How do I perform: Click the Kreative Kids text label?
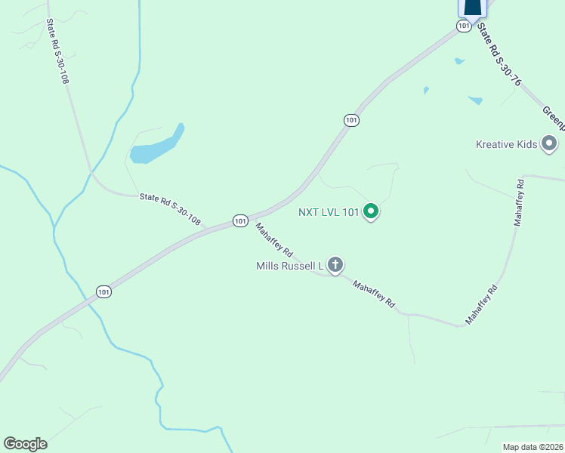point(506,144)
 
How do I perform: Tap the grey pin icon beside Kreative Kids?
point(549,143)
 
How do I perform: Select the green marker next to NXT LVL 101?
point(371,212)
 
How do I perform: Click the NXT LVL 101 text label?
point(329,212)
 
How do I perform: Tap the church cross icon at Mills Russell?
point(335,265)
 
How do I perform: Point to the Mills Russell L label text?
point(290,266)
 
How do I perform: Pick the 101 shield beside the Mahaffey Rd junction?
point(240,220)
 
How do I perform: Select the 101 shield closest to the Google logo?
point(103,291)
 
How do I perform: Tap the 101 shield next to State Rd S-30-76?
point(464,26)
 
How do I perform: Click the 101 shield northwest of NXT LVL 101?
point(350,120)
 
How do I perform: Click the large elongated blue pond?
point(157,146)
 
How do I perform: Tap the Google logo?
point(25,444)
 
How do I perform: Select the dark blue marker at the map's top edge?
point(472,8)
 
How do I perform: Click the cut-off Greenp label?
point(551,117)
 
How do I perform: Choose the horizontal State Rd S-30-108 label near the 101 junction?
point(170,209)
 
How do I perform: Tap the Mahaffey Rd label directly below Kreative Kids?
point(519,203)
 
